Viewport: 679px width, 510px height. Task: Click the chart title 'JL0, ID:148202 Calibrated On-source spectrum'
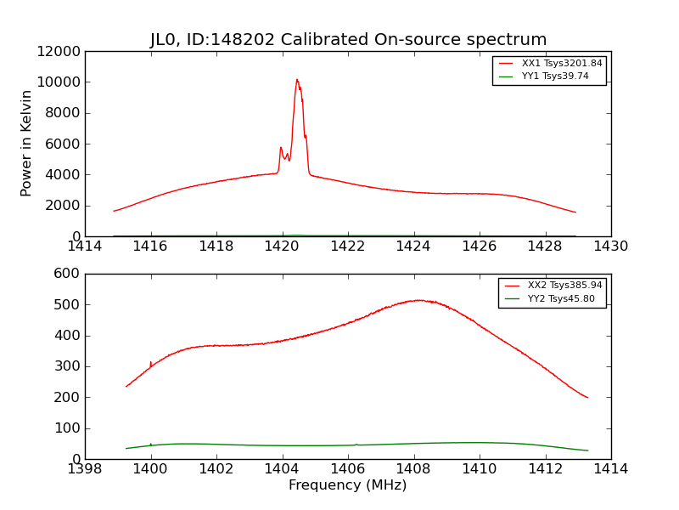348,40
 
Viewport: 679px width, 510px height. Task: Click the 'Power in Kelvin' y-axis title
27,143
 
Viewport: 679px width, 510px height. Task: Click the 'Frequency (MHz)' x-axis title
347,485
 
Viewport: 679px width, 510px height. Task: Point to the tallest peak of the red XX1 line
297,80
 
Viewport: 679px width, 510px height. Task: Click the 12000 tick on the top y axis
59,51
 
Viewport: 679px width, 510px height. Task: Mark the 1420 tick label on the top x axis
282,246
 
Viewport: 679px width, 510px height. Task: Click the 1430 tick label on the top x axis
610,246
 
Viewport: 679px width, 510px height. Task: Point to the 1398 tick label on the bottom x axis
85,469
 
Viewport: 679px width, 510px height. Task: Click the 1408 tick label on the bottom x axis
413,469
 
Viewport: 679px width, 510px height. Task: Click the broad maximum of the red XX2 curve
418,300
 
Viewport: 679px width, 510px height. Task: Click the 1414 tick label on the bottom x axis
610,469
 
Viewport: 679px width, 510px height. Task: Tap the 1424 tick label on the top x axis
413,246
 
